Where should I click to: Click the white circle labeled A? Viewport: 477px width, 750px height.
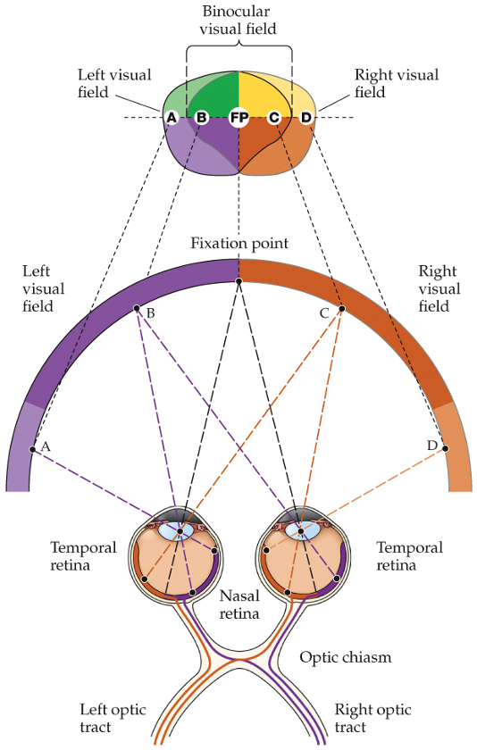pos(171,117)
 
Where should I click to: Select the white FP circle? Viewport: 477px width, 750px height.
pos(238,117)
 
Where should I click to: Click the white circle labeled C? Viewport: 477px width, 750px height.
pos(274,117)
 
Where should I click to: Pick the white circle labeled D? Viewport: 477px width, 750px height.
pos(305,117)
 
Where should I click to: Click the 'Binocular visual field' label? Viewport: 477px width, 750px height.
pos(238,20)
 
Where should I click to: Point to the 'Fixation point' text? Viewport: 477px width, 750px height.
pos(238,243)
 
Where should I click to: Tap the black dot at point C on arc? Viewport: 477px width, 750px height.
pos(340,309)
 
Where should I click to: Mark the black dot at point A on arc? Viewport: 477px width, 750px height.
pos(32,449)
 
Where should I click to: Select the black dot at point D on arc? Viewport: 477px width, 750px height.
pos(444,450)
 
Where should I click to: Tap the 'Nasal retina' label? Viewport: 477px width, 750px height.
pos(239,604)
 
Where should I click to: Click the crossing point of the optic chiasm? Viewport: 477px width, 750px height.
pos(238,662)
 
